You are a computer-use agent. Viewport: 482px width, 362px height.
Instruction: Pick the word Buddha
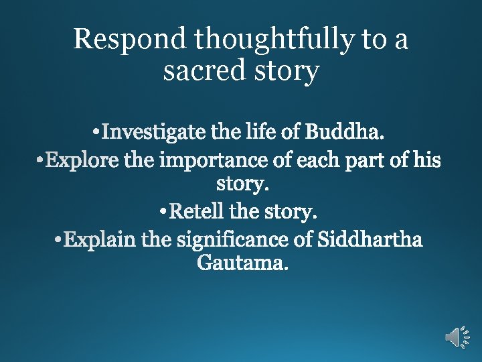tap(344, 132)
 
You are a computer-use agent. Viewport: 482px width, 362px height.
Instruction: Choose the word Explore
tap(81, 162)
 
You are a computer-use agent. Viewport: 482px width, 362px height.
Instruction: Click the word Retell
tap(197, 213)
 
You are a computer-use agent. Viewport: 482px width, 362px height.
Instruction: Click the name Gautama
tap(242, 263)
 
